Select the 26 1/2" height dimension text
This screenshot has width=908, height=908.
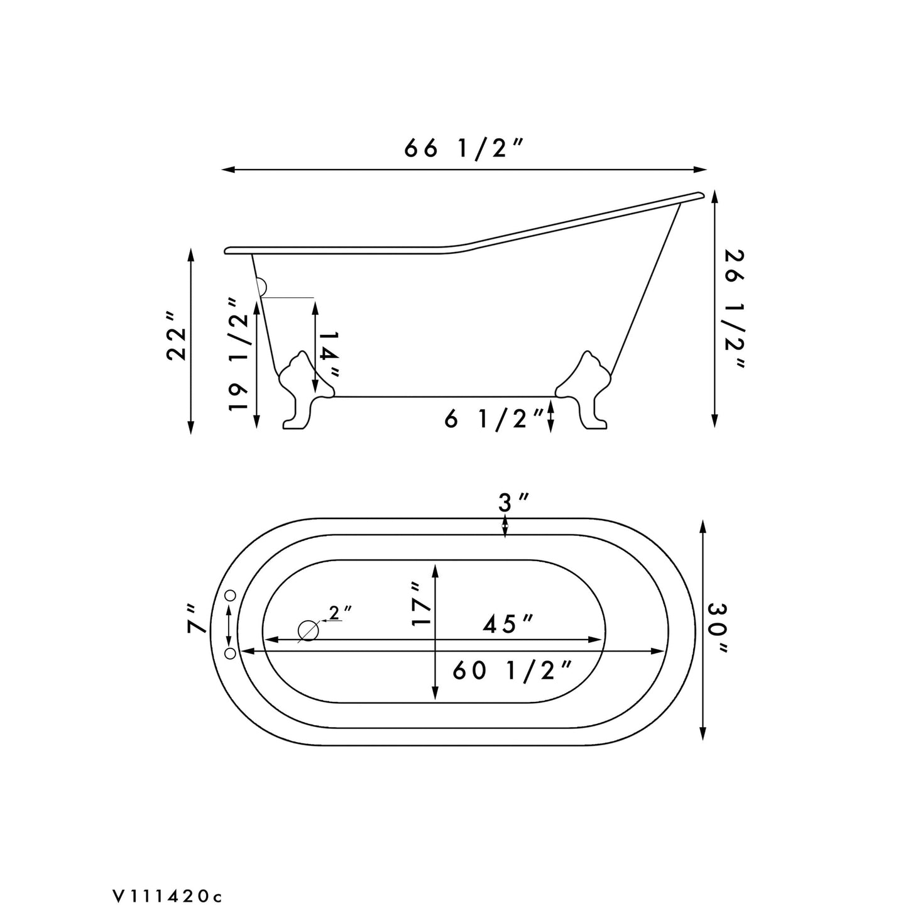pos(734,309)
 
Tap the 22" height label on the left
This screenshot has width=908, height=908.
pos(177,336)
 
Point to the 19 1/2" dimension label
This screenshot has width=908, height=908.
pos(239,354)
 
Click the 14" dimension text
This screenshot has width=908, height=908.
pos(329,354)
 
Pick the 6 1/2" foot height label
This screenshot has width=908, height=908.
pos(493,418)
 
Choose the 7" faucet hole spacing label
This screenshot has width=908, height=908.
pos(196,618)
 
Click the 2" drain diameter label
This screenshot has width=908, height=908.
pos(341,613)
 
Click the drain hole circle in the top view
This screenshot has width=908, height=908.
pos(308,630)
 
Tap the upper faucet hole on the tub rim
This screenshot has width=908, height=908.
pos(230,595)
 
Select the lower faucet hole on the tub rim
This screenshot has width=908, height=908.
pos(230,654)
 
